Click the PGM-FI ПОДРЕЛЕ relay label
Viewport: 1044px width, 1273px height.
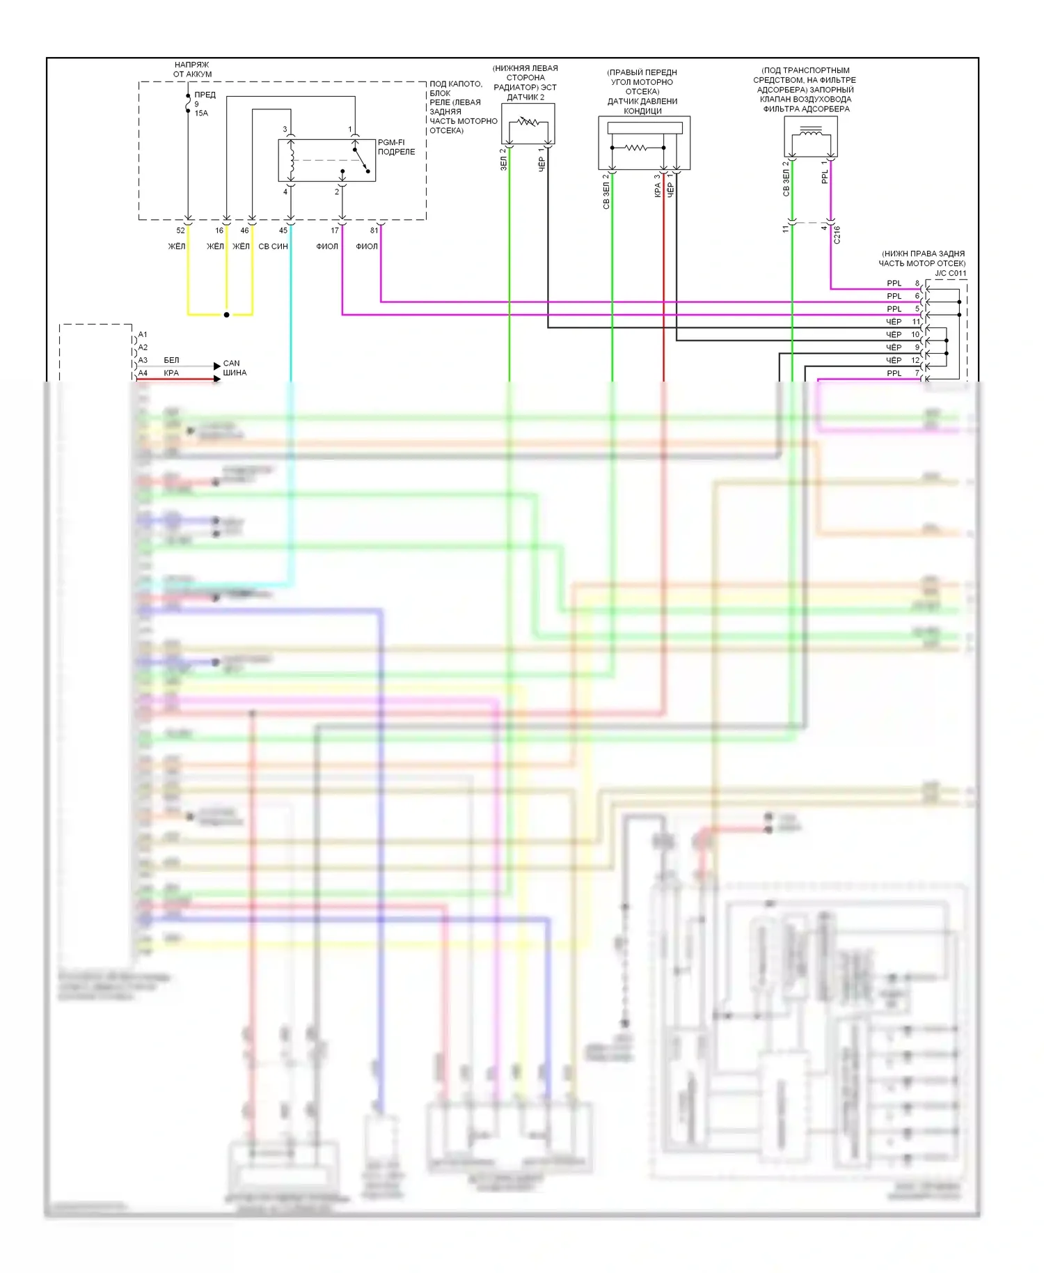(396, 147)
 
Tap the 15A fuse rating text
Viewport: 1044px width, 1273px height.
(201, 113)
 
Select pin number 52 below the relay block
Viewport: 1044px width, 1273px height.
(180, 231)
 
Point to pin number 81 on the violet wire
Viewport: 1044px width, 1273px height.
(374, 231)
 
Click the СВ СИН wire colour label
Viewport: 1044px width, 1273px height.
(273, 247)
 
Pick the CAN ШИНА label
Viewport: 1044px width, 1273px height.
(234, 368)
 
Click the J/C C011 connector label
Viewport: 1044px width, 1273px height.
(950, 273)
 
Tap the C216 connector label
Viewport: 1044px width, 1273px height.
(837, 235)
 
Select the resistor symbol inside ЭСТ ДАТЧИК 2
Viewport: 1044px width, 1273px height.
(528, 123)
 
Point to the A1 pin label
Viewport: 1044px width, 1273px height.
(143, 335)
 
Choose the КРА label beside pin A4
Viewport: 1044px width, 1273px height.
(171, 373)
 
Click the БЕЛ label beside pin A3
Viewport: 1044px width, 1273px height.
(171, 360)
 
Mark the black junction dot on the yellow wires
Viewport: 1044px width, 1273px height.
(226, 315)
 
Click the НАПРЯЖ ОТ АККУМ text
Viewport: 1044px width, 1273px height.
(192, 69)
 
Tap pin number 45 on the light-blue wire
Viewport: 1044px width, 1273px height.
(283, 231)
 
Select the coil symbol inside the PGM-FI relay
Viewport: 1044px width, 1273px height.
(292, 161)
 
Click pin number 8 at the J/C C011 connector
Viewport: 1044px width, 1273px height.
(917, 283)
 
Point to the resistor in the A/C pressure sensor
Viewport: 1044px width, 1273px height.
(636, 148)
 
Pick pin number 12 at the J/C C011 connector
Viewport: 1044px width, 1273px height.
(915, 361)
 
